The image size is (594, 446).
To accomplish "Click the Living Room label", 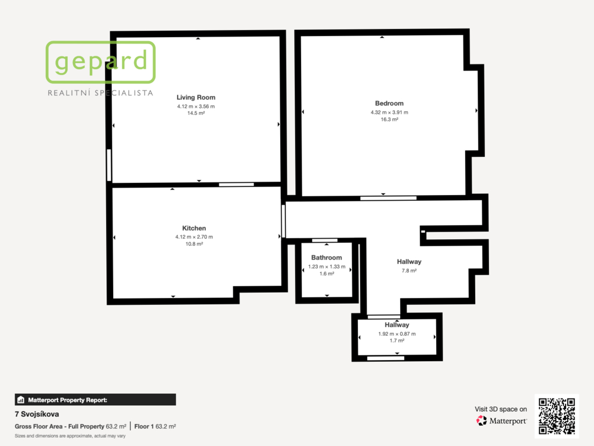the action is (196, 98).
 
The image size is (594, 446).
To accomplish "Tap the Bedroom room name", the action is (389, 103).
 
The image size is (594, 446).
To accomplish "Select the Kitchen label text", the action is (194, 228).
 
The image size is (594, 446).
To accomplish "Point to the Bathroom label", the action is (327, 257).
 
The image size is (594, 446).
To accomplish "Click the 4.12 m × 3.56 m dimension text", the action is (196, 107).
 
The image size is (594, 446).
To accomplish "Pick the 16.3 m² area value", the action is (389, 120).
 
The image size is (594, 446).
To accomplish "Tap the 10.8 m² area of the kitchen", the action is (194, 244).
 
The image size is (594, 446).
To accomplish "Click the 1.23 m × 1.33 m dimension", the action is (327, 267).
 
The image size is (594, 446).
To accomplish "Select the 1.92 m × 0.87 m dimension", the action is (397, 334).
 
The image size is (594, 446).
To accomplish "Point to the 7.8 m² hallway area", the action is (409, 271).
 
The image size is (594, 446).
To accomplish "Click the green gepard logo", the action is (101, 62).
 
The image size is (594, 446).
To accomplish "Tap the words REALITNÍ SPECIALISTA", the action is (100, 93).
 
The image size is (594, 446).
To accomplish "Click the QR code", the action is (556, 416).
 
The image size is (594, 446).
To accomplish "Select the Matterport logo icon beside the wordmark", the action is (481, 420).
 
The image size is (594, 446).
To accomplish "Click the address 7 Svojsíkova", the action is (37, 414).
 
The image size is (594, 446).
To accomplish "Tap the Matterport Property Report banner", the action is (95, 400).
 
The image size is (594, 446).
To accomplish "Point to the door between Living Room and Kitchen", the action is (237, 185).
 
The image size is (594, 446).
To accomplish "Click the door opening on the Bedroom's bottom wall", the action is (388, 198).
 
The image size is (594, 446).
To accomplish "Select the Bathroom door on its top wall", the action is (325, 240).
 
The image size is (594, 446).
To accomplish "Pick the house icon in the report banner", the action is (21, 400).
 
